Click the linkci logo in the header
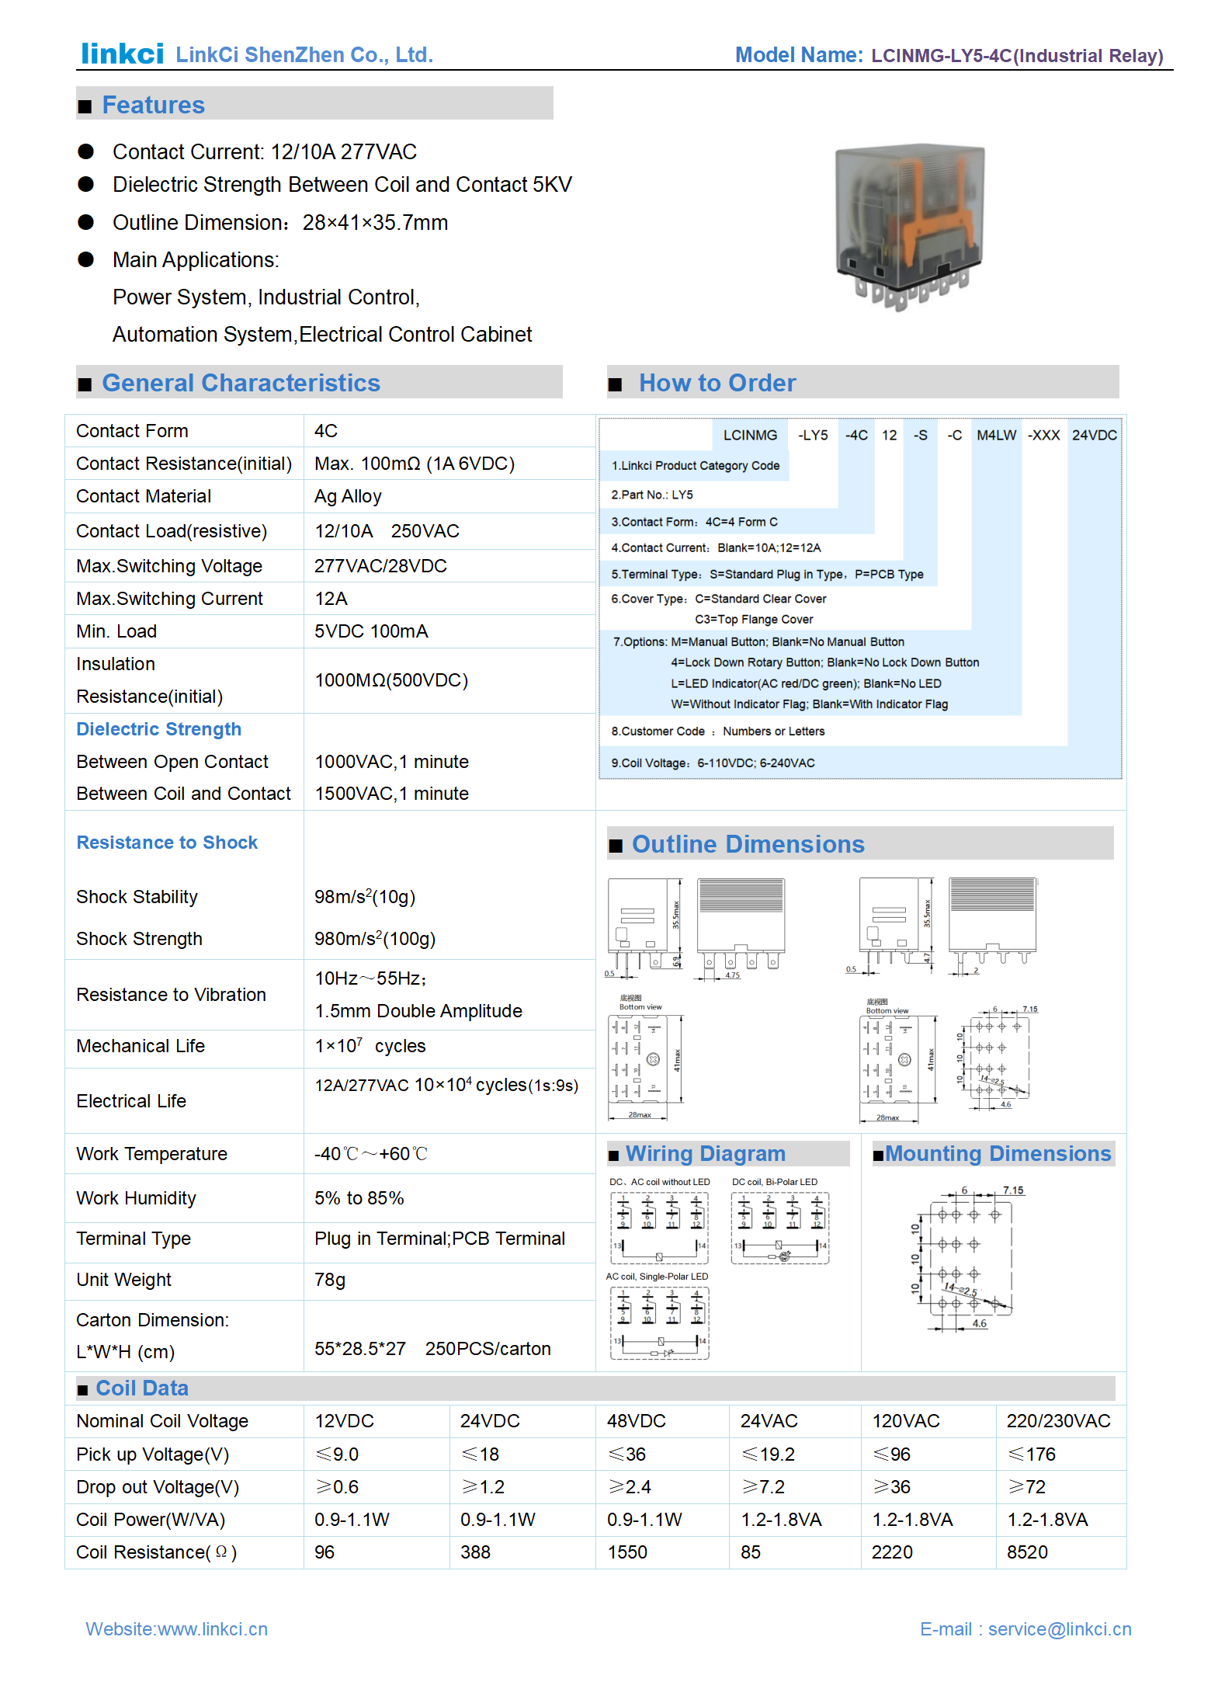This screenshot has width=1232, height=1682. [x=123, y=53]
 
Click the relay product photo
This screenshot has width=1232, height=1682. [x=909, y=226]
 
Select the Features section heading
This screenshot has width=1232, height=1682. [x=153, y=105]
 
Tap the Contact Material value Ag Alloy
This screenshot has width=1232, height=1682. [x=348, y=496]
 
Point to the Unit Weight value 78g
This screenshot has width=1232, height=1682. [x=330, y=1279]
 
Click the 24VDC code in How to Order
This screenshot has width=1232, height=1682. [x=1094, y=435]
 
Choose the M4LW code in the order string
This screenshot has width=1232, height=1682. [x=996, y=435]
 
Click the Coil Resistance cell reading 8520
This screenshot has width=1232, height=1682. [x=1027, y=1552]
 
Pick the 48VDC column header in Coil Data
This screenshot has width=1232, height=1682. [x=637, y=1420]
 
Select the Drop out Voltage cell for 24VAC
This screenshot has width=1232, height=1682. [x=763, y=1486]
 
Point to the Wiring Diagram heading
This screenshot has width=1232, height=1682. [x=705, y=1153]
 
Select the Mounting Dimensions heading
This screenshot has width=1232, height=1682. [x=998, y=1153]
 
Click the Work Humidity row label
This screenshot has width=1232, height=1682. [x=136, y=1197]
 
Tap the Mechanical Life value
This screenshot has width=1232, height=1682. [x=370, y=1045]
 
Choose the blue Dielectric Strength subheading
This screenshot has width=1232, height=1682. [x=158, y=728]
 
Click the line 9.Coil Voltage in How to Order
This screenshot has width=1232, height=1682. [x=713, y=763]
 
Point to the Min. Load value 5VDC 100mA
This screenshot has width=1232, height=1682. [x=371, y=631]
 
